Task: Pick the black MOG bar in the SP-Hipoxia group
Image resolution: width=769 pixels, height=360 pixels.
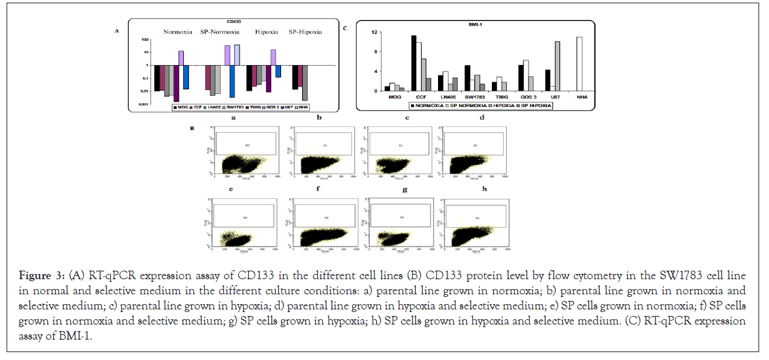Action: pos(295,77)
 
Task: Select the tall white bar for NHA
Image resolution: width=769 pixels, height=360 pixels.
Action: pos(579,64)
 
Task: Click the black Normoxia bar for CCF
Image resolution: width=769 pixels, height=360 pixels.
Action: pos(414,63)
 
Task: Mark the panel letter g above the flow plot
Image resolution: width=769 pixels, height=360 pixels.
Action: pos(405,189)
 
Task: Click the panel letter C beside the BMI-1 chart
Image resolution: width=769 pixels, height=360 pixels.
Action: pos(345,29)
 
